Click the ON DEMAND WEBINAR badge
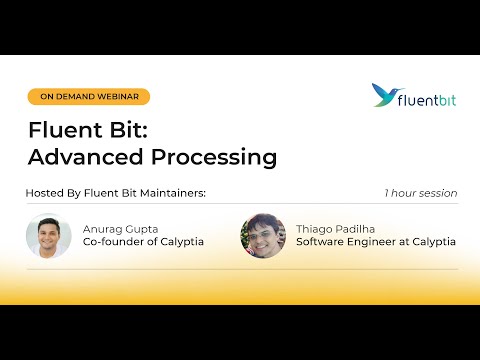89,97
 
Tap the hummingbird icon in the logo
384,95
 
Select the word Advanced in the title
77,157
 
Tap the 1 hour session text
420,193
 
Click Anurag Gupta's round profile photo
48,236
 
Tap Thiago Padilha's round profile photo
263,236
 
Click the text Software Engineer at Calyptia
377,242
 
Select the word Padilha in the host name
357,227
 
